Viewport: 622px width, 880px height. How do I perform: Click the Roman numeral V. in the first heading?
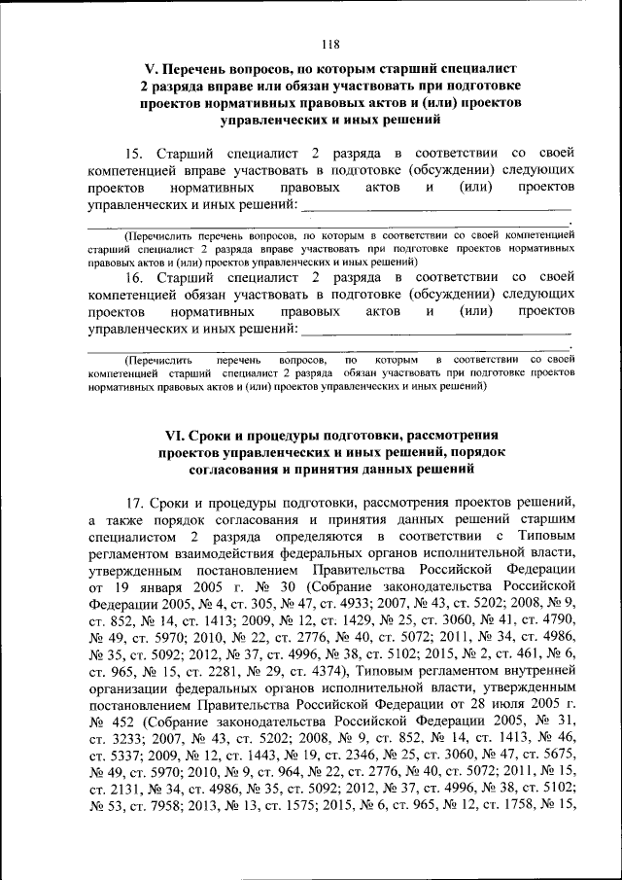tap(151, 70)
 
